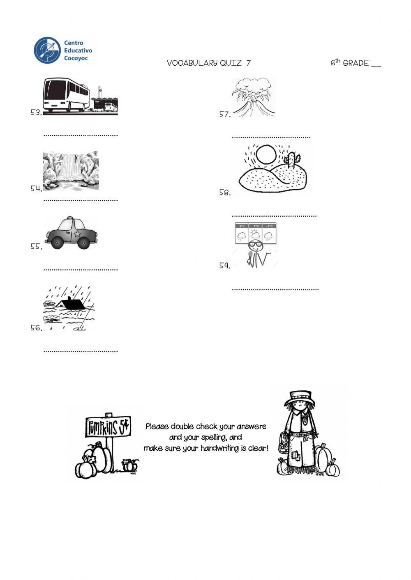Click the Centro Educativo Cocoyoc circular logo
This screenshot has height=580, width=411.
46,50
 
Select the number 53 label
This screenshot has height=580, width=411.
36,112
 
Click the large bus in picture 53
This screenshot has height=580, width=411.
66,95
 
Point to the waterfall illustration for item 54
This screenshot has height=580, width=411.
71,170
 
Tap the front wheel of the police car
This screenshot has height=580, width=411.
89,243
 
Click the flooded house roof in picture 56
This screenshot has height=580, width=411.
72,303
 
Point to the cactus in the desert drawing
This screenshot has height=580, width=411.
291,160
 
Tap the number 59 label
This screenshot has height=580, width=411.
224,266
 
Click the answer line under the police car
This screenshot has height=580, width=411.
81,270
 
